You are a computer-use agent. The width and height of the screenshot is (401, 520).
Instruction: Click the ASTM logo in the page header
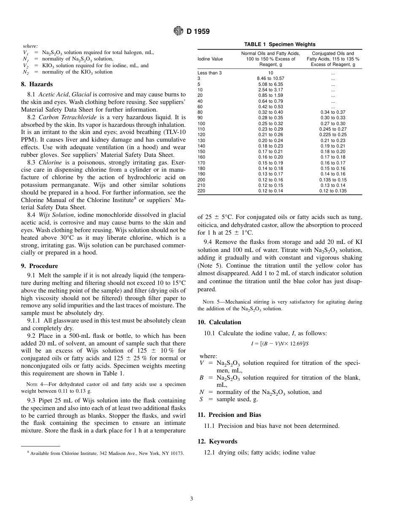(179, 31)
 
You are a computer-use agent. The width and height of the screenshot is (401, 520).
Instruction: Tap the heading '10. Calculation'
(219, 322)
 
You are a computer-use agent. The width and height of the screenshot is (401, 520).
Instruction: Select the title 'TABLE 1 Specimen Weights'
(279, 44)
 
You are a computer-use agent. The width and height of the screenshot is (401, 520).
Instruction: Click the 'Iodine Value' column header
(210, 59)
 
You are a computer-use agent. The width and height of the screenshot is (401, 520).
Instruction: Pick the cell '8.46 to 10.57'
(270, 79)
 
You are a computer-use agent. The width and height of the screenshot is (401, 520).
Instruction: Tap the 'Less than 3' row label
(209, 73)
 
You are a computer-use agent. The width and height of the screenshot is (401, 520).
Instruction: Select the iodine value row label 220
(202, 191)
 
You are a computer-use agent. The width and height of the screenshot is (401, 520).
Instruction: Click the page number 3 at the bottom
(191, 499)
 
